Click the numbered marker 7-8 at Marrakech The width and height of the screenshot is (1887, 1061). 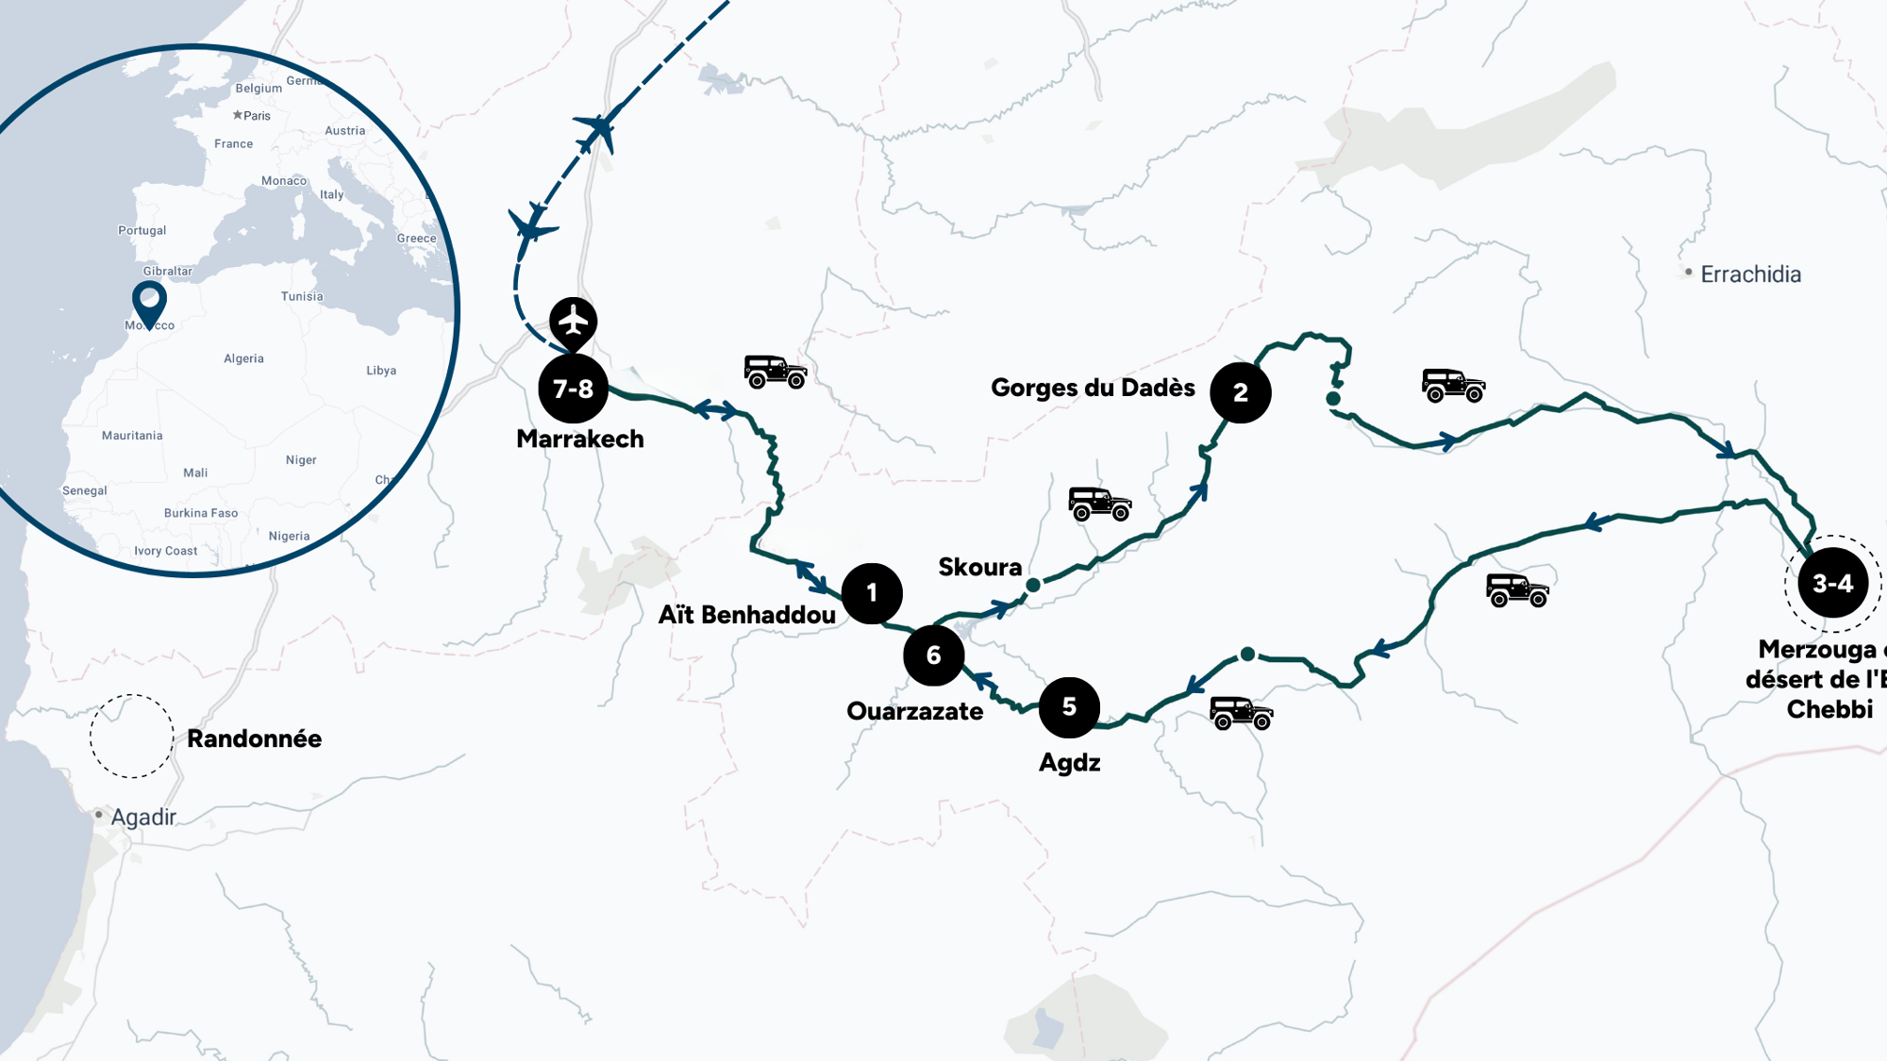573,389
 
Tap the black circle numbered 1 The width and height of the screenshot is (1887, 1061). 872,593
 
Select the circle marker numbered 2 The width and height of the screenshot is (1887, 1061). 1240,392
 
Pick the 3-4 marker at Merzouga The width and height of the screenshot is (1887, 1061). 1832,584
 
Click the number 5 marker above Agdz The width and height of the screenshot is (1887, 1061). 1069,706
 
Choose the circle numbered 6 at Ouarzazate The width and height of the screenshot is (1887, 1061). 933,655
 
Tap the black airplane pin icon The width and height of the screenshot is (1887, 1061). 573,322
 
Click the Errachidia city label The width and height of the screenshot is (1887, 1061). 1750,274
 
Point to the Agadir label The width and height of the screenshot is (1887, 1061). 143,817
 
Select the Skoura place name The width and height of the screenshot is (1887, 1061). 979,567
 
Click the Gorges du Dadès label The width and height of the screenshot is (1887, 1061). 1093,388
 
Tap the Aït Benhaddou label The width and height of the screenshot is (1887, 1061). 746,615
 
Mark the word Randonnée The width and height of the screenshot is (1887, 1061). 254,738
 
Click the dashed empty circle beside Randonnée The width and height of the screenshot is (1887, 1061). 132,736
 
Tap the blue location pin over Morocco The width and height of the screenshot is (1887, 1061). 149,301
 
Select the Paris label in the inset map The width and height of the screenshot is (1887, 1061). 257,116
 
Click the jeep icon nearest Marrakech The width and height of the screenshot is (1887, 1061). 776,372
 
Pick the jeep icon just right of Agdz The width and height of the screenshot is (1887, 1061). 1241,713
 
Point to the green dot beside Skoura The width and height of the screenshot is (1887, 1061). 1033,586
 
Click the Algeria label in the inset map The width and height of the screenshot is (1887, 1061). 243,358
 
